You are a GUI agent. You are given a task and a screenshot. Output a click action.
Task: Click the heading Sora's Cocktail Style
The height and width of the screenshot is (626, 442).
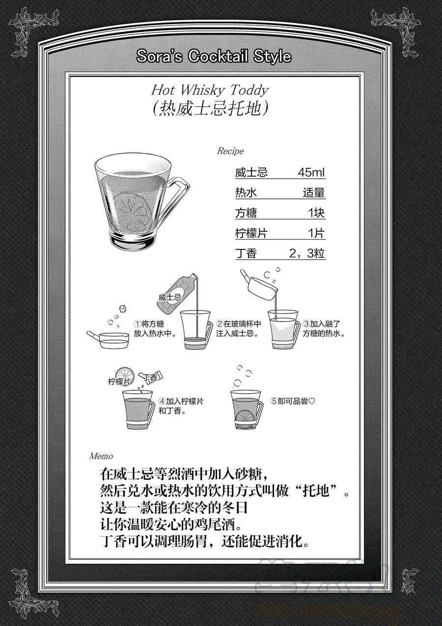214,56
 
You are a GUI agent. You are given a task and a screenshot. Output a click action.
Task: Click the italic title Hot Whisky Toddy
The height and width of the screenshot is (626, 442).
210,90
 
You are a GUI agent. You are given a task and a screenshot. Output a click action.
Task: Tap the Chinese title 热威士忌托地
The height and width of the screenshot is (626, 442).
210,109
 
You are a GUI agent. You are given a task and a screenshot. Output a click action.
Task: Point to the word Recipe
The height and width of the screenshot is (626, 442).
230,151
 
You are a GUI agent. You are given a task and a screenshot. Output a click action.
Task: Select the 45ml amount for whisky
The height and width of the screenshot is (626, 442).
311,172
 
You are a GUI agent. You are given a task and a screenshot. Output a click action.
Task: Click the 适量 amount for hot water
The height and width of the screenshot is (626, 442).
314,192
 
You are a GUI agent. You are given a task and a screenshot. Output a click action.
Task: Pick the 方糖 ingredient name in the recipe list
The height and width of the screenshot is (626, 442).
246,213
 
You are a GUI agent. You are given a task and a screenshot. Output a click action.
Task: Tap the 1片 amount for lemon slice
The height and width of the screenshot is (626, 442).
316,233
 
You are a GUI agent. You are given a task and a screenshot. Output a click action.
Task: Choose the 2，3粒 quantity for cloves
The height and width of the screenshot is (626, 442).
307,253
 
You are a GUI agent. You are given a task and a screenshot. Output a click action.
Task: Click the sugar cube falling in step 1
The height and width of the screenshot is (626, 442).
123,308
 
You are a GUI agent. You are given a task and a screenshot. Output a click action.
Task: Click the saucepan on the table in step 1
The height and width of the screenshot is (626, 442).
108,339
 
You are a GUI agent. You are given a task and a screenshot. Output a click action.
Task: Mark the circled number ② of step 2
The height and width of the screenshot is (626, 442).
220,324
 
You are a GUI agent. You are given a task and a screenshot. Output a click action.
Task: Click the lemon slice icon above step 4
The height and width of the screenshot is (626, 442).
125,375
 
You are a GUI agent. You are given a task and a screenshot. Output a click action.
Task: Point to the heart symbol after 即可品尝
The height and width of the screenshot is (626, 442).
312,401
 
